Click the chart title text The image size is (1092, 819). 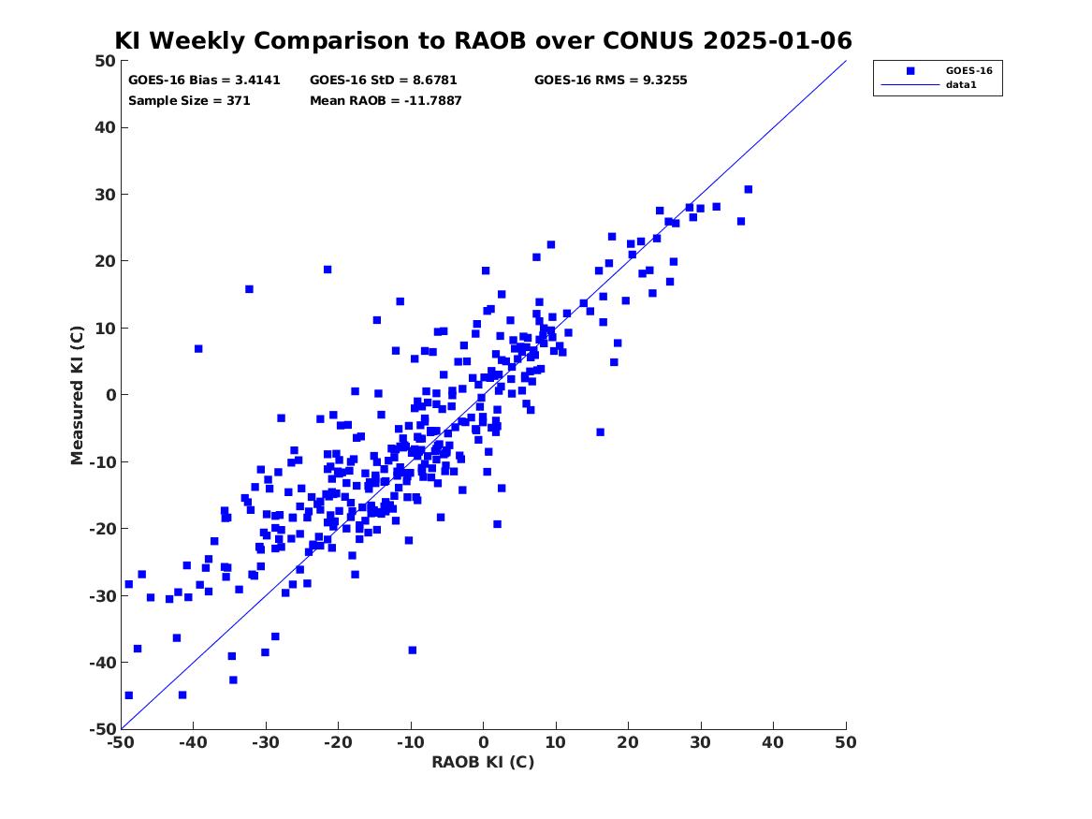click(x=484, y=40)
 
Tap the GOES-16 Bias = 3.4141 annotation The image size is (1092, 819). click(x=204, y=80)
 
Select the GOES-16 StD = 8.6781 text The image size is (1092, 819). click(x=384, y=80)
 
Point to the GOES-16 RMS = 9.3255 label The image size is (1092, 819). click(x=611, y=80)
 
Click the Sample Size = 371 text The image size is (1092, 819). click(x=189, y=101)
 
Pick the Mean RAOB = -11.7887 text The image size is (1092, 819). click(x=386, y=101)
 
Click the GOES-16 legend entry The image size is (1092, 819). click(x=968, y=70)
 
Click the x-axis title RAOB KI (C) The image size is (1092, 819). click(x=484, y=762)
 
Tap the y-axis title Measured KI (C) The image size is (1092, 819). click(x=77, y=395)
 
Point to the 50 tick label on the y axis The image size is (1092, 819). click(x=105, y=61)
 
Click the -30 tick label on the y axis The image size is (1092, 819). click(x=102, y=595)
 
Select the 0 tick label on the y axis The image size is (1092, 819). click(x=110, y=395)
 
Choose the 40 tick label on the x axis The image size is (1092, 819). click(x=773, y=742)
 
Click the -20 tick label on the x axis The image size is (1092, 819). click(x=338, y=742)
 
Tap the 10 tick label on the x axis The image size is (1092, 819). click(x=556, y=742)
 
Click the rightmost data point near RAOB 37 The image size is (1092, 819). click(x=749, y=189)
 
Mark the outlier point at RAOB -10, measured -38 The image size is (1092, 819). click(x=413, y=651)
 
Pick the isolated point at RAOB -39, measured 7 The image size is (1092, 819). click(x=198, y=349)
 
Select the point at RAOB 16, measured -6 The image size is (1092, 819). click(x=601, y=432)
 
